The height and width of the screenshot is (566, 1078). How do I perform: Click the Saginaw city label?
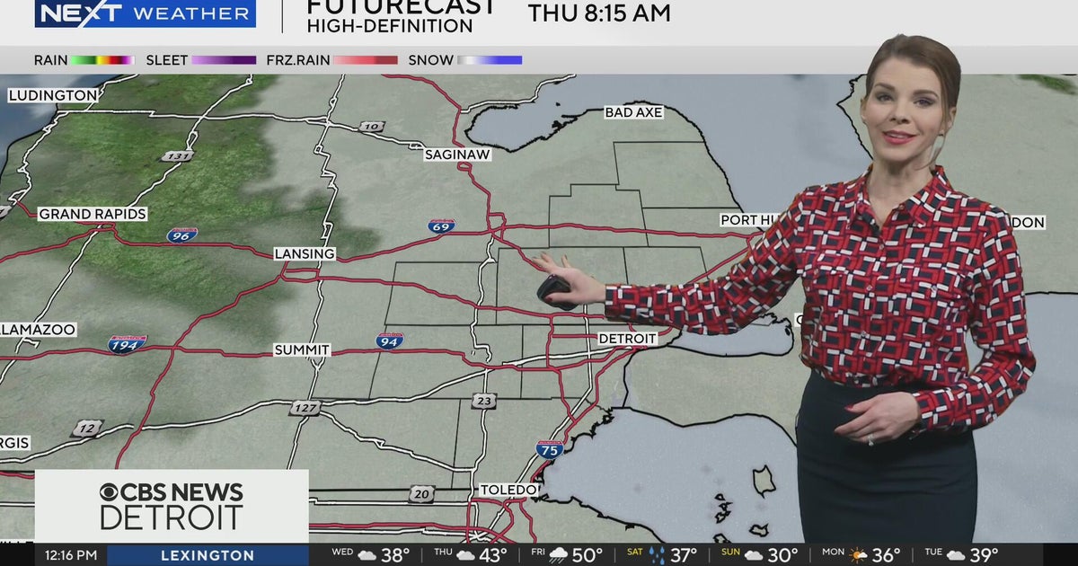pos(457,155)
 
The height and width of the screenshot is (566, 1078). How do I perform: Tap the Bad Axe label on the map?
pos(633,112)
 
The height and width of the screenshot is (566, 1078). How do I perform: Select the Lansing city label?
pos(305,254)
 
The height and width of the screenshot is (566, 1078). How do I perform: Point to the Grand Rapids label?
pos(93,214)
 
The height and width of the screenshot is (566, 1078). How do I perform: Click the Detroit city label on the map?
pos(628,339)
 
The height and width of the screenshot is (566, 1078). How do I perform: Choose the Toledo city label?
pos(509,490)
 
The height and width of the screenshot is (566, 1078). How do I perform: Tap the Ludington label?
pos(53,95)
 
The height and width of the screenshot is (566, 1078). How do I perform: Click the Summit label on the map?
pos(302,349)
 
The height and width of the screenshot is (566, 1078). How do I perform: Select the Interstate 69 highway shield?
pos(441,226)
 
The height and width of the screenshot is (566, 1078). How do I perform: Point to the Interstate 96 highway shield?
pos(181,234)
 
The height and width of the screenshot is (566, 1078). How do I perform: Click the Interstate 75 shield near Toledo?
pos(550,449)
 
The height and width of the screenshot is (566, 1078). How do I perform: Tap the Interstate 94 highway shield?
pos(389,340)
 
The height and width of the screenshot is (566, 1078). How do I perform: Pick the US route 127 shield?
pos(305,408)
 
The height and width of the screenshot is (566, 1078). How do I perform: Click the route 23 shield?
pos(484,401)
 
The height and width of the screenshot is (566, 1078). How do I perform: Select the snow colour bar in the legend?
pos(490,60)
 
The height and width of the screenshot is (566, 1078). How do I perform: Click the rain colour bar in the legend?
pos(102,60)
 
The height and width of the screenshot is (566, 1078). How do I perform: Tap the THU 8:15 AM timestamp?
pos(599,13)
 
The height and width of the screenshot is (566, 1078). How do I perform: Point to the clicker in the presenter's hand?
pos(556,291)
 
